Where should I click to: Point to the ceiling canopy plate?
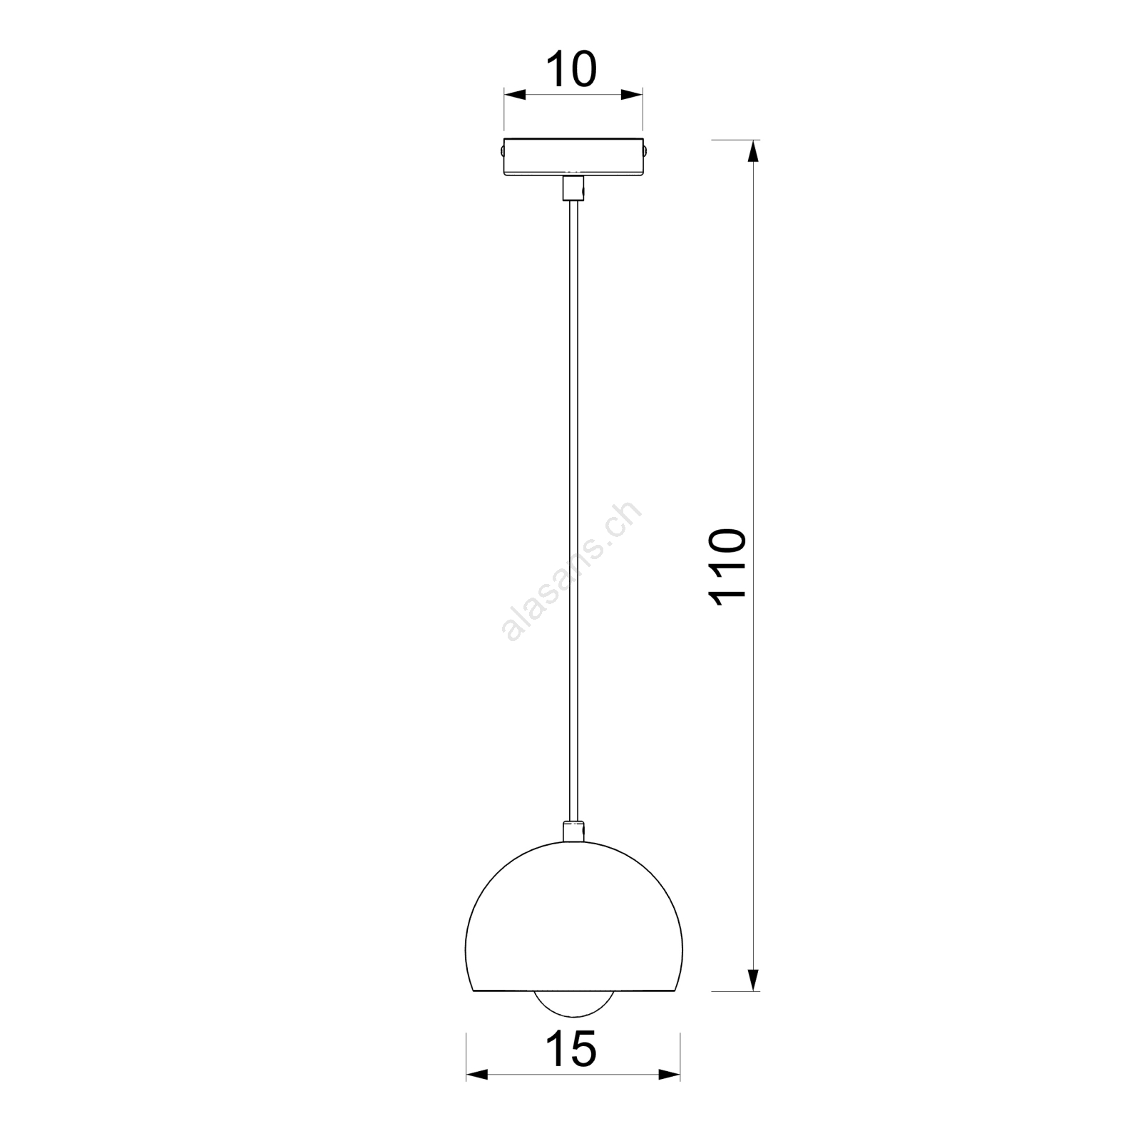pyautogui.click(x=573, y=156)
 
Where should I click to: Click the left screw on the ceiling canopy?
pyautogui.click(x=501, y=151)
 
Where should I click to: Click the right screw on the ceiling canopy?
pyautogui.click(x=646, y=151)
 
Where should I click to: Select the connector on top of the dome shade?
pyautogui.click(x=573, y=832)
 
